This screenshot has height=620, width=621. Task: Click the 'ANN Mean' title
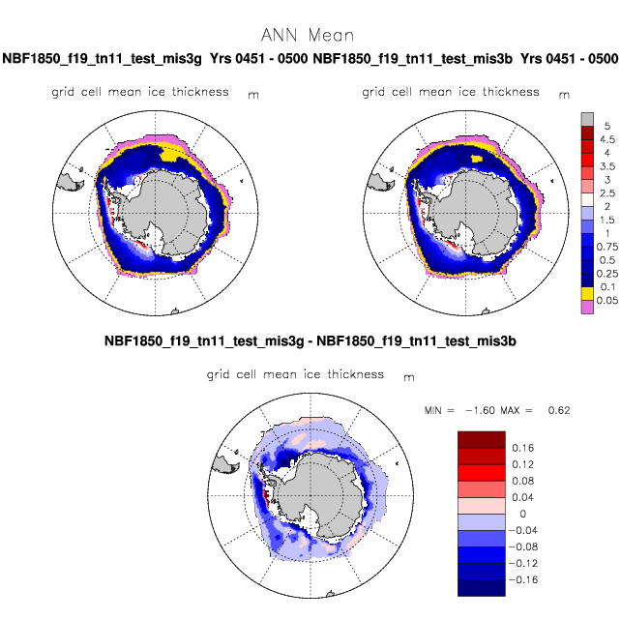(308, 35)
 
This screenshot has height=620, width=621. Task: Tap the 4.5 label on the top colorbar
(607, 139)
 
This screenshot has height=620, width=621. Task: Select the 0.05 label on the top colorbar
(607, 300)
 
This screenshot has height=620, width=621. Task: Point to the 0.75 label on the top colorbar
(607, 247)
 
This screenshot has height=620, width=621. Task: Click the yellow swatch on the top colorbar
(587, 294)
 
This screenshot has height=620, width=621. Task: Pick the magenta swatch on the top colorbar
(587, 308)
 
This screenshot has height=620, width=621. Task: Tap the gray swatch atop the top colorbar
(587, 120)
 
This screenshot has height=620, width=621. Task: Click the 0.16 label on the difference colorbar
(522, 448)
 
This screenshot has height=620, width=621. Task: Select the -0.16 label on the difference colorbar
(523, 579)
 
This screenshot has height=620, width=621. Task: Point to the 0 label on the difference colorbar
(522, 514)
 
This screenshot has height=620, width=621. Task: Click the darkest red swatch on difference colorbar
(482, 440)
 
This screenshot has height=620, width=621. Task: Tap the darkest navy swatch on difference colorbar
(482, 588)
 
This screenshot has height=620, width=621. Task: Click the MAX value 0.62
(559, 410)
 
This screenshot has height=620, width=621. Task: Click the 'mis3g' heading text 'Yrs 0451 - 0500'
(258, 59)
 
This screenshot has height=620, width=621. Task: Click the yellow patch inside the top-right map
(477, 159)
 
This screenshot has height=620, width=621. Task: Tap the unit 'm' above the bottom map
(409, 377)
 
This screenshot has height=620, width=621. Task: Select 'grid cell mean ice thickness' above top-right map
(451, 92)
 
